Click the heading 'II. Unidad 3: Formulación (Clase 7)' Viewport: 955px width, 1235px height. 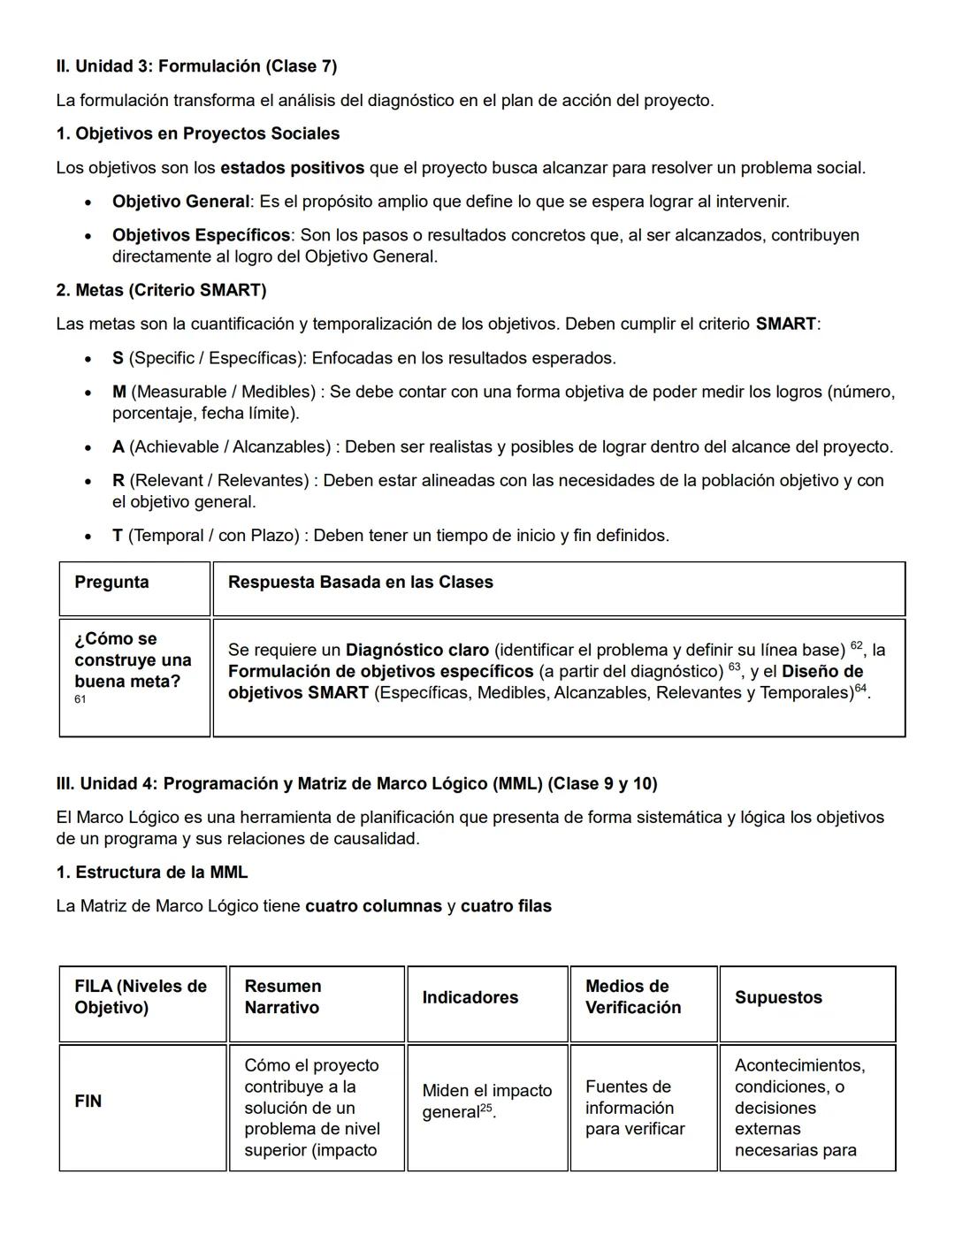(x=196, y=66)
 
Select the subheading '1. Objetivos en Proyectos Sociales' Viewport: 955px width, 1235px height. (x=197, y=133)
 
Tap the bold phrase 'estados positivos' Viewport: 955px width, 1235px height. (x=292, y=168)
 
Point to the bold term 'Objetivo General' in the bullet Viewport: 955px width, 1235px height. (x=180, y=202)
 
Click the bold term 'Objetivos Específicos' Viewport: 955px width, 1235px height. (x=201, y=235)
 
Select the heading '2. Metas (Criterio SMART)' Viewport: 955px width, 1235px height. (x=161, y=290)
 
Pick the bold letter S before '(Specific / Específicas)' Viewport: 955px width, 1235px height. (x=118, y=358)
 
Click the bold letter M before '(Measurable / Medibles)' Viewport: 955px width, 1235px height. (x=118, y=392)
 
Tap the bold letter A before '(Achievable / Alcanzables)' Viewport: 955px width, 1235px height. (x=118, y=446)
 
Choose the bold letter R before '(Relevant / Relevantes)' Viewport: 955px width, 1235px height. (x=118, y=480)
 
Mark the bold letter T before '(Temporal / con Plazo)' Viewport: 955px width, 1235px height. (x=118, y=536)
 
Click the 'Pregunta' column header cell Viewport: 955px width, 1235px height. (x=111, y=583)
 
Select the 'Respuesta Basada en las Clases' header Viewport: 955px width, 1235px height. (x=360, y=583)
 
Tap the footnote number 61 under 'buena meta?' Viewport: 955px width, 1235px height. (x=80, y=699)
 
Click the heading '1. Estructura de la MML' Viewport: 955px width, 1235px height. (x=151, y=873)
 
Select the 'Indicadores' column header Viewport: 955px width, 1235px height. (x=470, y=997)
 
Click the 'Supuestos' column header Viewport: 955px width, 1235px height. (x=778, y=997)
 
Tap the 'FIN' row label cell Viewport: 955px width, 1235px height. (x=88, y=1101)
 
